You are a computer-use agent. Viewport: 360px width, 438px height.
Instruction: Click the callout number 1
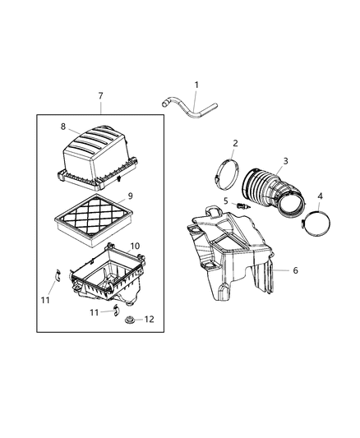coord(196,85)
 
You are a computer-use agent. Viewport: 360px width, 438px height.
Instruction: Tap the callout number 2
coord(236,143)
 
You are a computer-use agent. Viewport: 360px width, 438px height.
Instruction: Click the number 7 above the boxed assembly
coord(100,96)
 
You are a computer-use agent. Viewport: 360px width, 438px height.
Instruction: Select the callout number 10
coord(135,246)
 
